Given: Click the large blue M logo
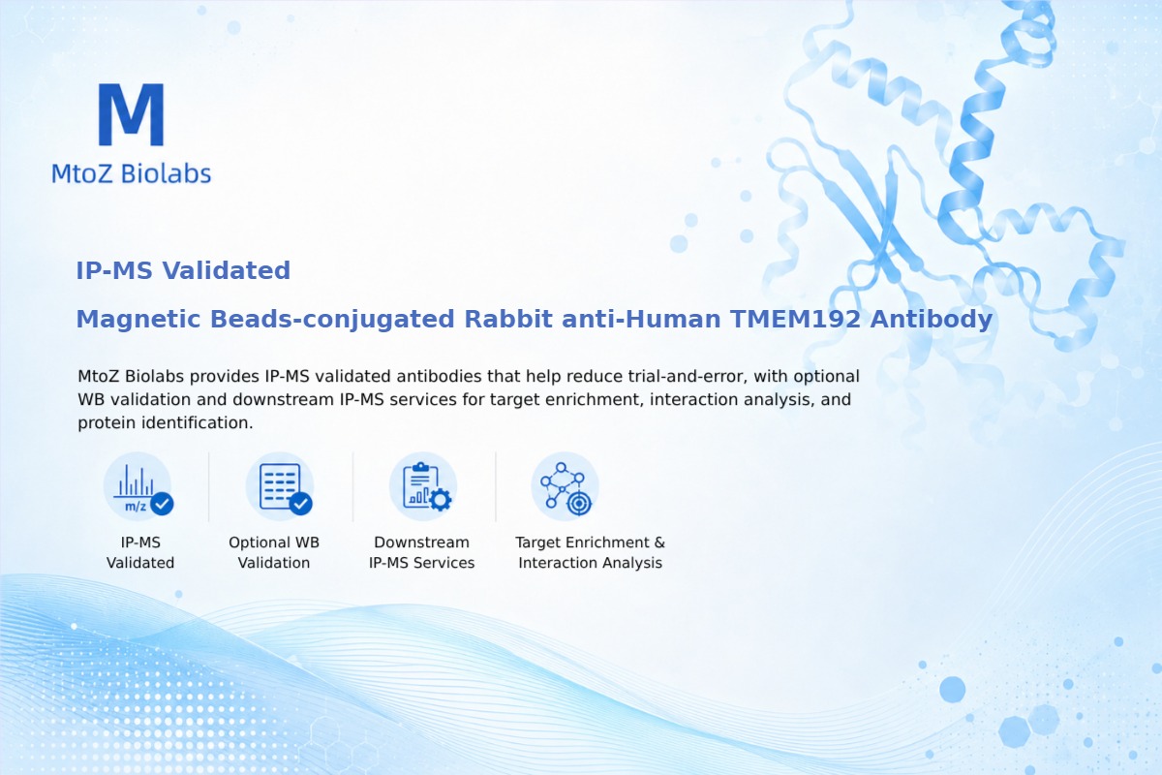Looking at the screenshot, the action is pyautogui.click(x=132, y=114).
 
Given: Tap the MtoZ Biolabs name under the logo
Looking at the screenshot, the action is pyautogui.click(x=132, y=173).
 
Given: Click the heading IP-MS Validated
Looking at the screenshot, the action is pyautogui.click(x=183, y=270).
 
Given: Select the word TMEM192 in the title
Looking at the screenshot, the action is pyautogui.click(x=796, y=319).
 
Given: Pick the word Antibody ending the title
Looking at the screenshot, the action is pyautogui.click(x=932, y=320).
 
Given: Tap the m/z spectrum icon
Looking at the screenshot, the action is pyautogui.click(x=138, y=487).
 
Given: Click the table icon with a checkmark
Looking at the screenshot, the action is pyautogui.click(x=280, y=487).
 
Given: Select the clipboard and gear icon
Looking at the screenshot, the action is pyautogui.click(x=423, y=487).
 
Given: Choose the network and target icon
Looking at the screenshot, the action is pyautogui.click(x=565, y=487).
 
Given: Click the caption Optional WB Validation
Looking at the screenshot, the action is pyautogui.click(x=274, y=552).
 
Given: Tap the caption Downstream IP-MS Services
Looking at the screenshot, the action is pyautogui.click(x=422, y=552).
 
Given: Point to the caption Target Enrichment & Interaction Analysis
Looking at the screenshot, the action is pyautogui.click(x=591, y=552).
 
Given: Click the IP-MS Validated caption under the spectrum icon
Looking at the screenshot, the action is pyautogui.click(x=140, y=552).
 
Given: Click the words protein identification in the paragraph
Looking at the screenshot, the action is pyautogui.click(x=165, y=423).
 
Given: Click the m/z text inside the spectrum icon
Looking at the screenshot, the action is pyautogui.click(x=136, y=506).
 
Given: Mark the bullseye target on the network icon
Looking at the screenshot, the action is pyautogui.click(x=579, y=503).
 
